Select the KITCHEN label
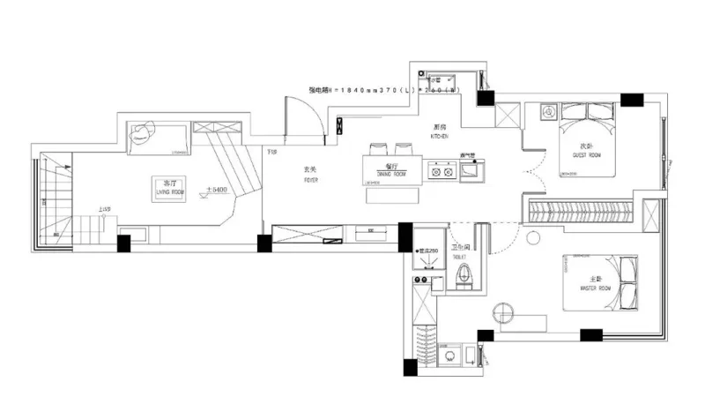click(440, 134)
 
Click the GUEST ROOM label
click(586, 151)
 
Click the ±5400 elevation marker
click(218, 189)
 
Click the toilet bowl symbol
click(464, 276)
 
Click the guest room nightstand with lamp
click(547, 112)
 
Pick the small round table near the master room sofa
click(503, 311)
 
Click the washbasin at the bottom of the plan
click(451, 356)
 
